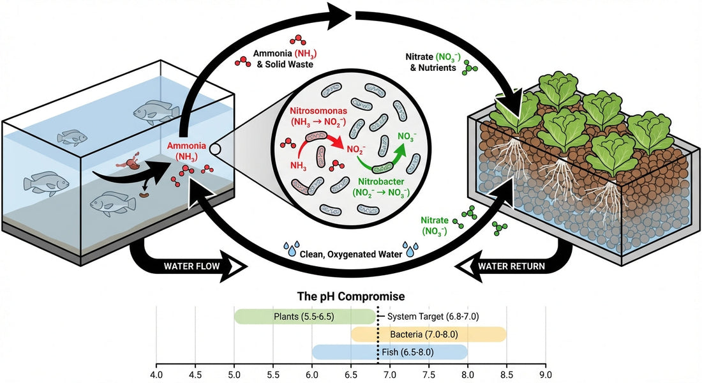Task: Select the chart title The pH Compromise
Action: tap(351, 297)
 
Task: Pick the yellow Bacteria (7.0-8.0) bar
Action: tap(428, 334)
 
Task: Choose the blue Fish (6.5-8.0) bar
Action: tap(389, 352)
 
